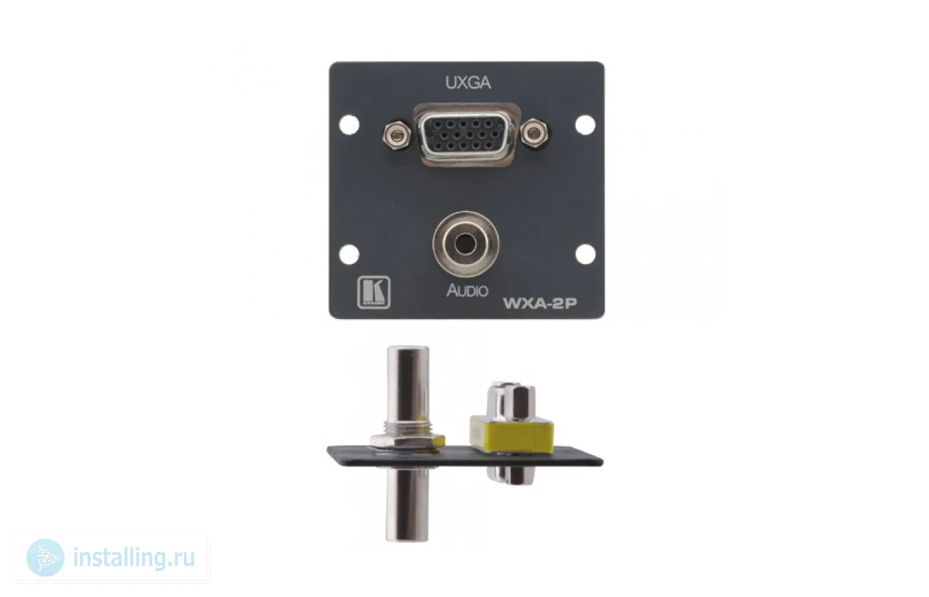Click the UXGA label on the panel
pos(468,84)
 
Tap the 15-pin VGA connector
pos(466,135)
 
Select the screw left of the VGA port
pos(397,135)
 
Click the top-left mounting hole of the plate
pos(349,125)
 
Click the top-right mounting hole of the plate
pos(585,125)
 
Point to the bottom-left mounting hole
pos(349,255)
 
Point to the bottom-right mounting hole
pos(585,254)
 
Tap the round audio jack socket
pos(466,244)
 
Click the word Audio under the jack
pos(467,291)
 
